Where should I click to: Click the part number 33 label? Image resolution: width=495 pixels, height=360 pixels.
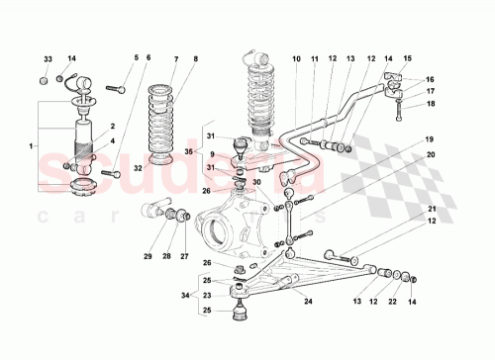(48, 59)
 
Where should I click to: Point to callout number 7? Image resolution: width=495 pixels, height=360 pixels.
(175, 59)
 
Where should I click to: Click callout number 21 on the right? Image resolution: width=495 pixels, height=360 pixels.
(432, 210)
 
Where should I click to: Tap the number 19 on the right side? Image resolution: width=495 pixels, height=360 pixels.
(430, 140)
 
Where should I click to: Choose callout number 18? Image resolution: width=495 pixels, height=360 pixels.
(430, 103)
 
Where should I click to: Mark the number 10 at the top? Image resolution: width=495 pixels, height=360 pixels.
(296, 59)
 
